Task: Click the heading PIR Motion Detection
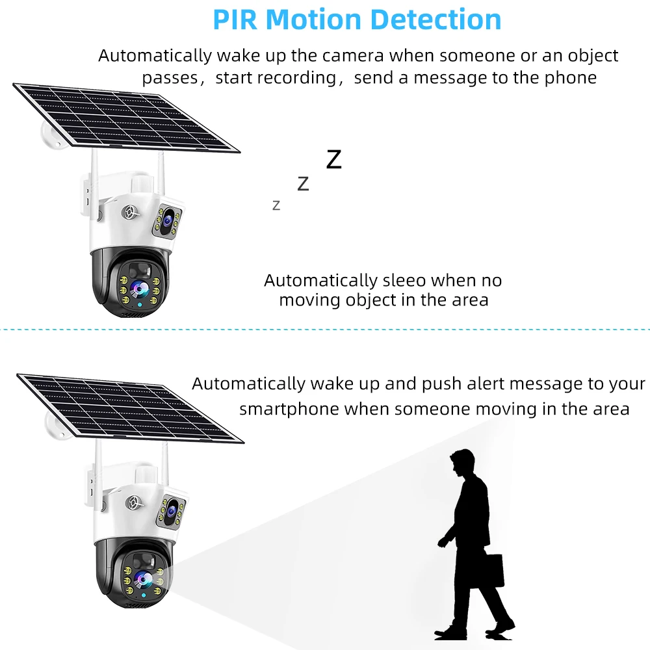coord(357,19)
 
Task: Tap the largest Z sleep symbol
coord(333,159)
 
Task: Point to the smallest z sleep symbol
coord(276,205)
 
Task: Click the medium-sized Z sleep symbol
coord(303,184)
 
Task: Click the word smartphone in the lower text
coord(289,409)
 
